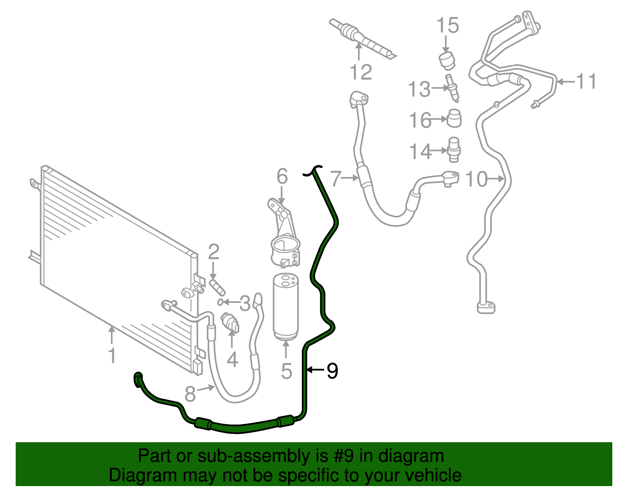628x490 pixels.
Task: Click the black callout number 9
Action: coord(332,371)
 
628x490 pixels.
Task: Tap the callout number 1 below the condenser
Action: coord(112,355)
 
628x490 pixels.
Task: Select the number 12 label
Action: coord(361,73)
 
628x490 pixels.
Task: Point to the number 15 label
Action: coord(447,26)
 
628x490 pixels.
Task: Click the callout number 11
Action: coord(586,82)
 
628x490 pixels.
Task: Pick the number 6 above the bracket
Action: coord(282,177)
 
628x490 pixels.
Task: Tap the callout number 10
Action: coord(476,179)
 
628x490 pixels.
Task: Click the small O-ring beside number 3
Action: coord(221,302)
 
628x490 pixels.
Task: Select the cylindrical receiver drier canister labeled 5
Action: coord(286,306)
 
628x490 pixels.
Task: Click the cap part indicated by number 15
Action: coord(447,60)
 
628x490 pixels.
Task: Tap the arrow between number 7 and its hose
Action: coord(350,178)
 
